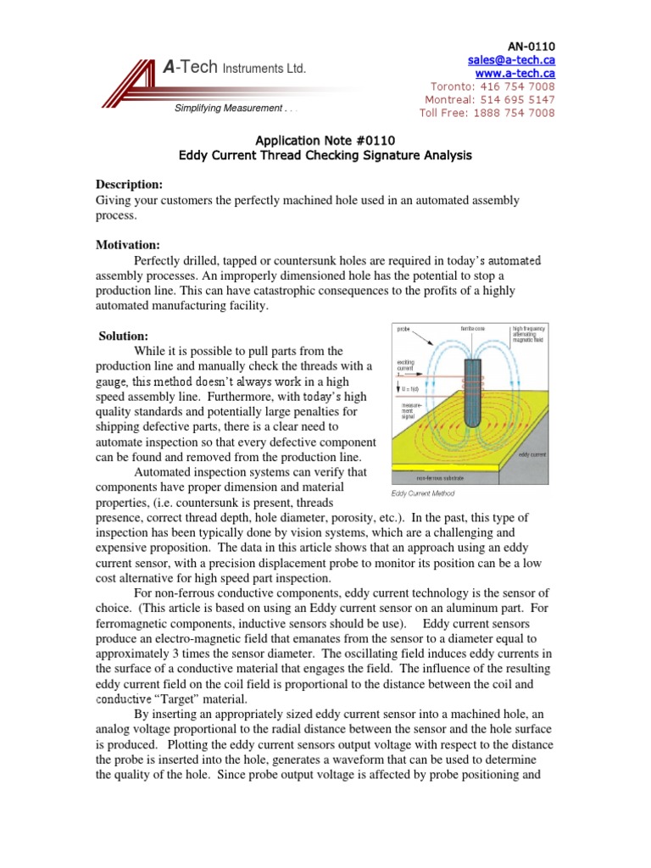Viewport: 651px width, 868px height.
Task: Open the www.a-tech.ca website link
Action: (x=517, y=73)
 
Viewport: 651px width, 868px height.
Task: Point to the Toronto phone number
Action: (x=492, y=86)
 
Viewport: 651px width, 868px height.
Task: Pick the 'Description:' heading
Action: (x=129, y=184)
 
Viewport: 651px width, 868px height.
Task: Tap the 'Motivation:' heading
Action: (x=127, y=245)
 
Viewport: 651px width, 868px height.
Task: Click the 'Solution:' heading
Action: (x=124, y=337)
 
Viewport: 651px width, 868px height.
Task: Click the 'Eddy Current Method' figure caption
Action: (x=423, y=493)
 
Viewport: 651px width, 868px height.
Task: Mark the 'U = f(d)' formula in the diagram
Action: (x=409, y=388)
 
